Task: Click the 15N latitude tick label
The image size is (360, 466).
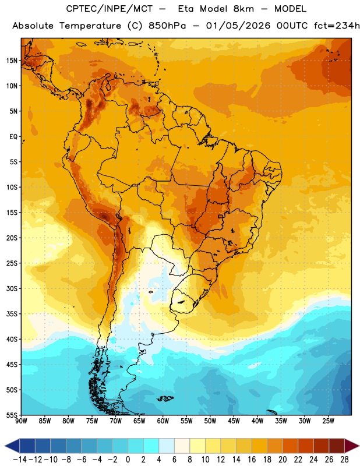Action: pyautogui.click(x=12, y=61)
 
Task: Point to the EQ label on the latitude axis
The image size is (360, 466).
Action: pyautogui.click(x=13, y=137)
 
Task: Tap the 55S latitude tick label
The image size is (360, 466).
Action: pyautogui.click(x=12, y=415)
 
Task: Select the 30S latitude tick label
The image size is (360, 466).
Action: pyautogui.click(x=12, y=288)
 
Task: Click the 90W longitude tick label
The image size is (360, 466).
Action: pyautogui.click(x=21, y=421)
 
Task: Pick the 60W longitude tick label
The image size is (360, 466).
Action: pyautogui.click(x=163, y=421)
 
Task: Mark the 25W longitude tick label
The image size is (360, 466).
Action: pyautogui.click(x=328, y=421)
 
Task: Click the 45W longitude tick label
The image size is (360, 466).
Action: pyautogui.click(x=234, y=421)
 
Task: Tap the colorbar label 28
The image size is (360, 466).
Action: pyautogui.click(x=344, y=460)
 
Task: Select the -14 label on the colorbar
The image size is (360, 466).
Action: pyautogui.click(x=20, y=460)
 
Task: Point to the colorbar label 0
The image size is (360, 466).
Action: pyautogui.click(x=128, y=460)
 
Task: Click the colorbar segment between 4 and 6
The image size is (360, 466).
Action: pyautogui.click(x=167, y=446)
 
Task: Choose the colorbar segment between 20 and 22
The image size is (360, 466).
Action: pyautogui.click(x=291, y=446)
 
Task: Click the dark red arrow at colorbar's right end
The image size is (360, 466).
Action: pyautogui.click(x=352, y=446)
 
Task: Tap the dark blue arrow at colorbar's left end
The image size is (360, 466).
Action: pyautogui.click(x=12, y=446)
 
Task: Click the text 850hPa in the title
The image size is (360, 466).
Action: pyautogui.click(x=167, y=26)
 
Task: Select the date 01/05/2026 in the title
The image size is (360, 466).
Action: pyautogui.click(x=238, y=26)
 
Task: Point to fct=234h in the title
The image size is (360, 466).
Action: pyautogui.click(x=337, y=26)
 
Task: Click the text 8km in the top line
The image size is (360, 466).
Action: pyautogui.click(x=243, y=9)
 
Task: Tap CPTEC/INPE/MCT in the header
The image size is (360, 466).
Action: pyautogui.click(x=110, y=9)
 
